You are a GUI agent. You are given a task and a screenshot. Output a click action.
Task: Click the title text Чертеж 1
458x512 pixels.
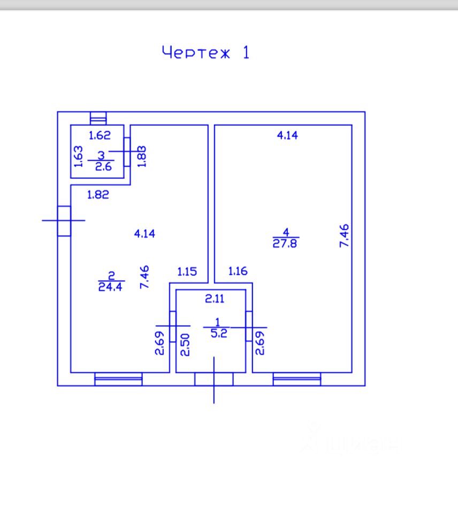tap(205, 53)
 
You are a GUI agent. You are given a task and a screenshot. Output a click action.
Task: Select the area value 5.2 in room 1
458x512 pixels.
tap(217, 333)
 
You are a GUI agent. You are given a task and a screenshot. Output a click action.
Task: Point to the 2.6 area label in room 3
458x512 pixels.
tap(102, 166)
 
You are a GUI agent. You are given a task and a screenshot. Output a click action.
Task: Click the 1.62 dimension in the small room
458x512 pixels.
tap(100, 135)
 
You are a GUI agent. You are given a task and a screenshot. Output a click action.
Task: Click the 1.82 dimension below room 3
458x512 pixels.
tap(98, 195)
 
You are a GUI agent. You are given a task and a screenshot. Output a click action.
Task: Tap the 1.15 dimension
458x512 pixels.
tap(187, 272)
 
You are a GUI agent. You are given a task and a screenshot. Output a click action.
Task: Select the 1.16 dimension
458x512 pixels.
tap(238, 272)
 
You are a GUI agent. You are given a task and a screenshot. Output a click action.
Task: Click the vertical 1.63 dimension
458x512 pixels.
tap(78, 156)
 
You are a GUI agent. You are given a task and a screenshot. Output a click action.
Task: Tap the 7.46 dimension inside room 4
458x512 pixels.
tap(344, 236)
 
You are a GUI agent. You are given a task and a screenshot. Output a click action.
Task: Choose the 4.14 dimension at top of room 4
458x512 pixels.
tap(287, 135)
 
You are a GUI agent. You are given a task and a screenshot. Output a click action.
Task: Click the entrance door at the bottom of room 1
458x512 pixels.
tap(214, 379)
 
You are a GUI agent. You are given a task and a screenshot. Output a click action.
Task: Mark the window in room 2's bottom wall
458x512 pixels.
tap(118, 379)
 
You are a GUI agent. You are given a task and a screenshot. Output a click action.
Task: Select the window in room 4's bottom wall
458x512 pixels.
tap(296, 379)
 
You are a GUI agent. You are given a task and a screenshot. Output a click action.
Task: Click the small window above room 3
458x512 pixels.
tap(98, 118)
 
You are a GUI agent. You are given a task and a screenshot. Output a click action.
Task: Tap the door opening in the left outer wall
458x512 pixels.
tap(64, 221)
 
